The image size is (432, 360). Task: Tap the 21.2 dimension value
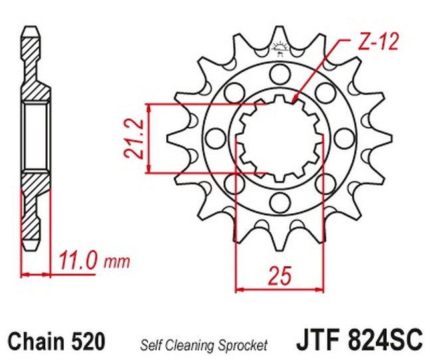134,139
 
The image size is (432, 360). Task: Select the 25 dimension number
280,275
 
